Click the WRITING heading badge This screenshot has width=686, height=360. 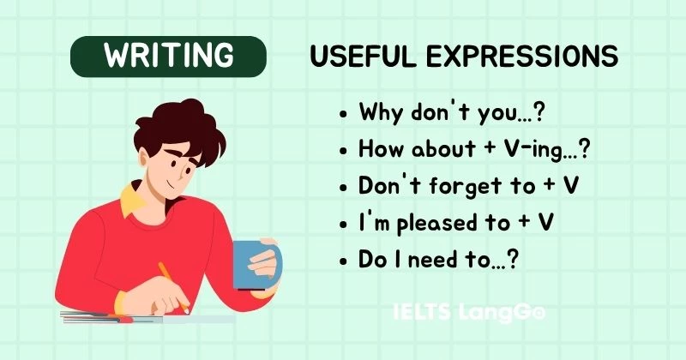(x=168, y=56)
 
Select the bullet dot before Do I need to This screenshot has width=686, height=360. (x=344, y=259)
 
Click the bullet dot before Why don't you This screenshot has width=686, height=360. (x=344, y=113)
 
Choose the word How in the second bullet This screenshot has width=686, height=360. (x=378, y=148)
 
